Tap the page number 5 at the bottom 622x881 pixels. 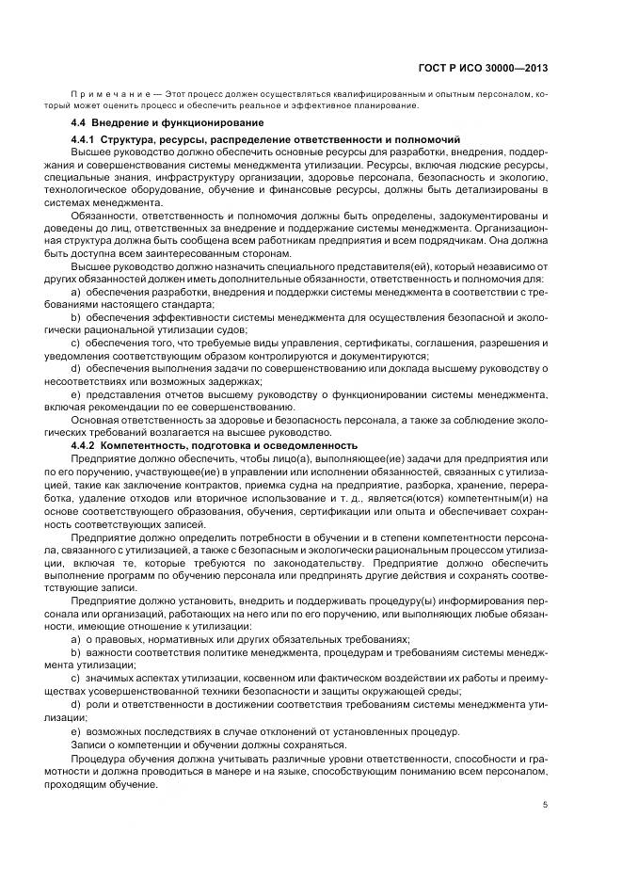pos(547,803)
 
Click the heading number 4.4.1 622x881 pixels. pos(85,139)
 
